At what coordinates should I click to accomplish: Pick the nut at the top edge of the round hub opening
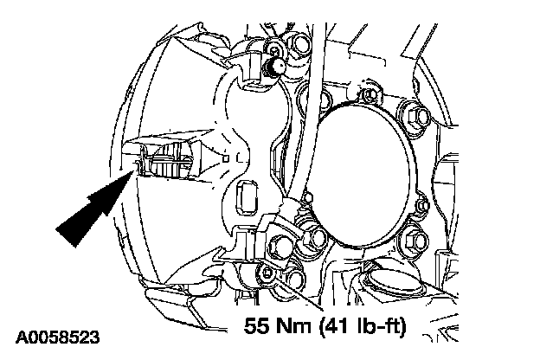[x=370, y=93]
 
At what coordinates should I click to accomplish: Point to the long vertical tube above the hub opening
[x=319, y=52]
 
